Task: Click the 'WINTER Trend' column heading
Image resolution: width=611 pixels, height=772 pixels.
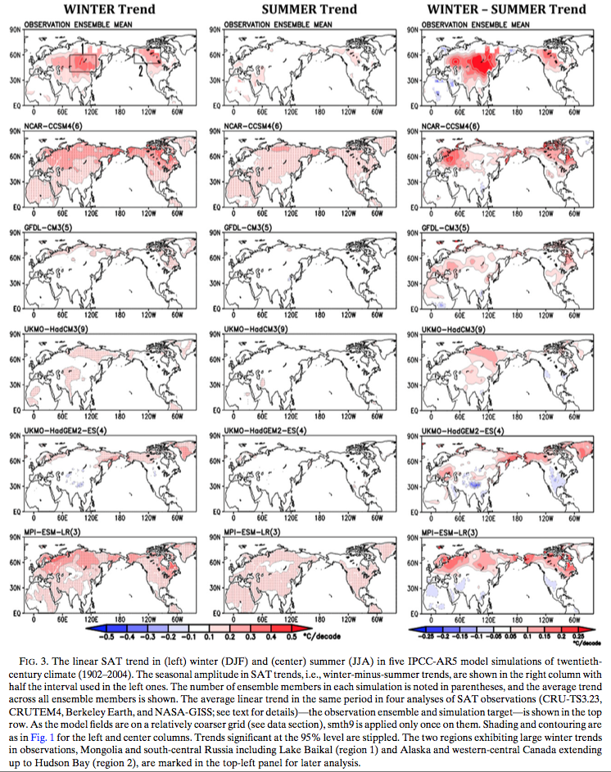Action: [x=101, y=9]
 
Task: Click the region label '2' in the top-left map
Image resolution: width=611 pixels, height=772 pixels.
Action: [x=142, y=71]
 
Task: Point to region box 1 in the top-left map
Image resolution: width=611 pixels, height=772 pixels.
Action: [x=84, y=61]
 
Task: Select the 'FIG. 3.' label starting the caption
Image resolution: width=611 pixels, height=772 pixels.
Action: [x=45, y=660]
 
